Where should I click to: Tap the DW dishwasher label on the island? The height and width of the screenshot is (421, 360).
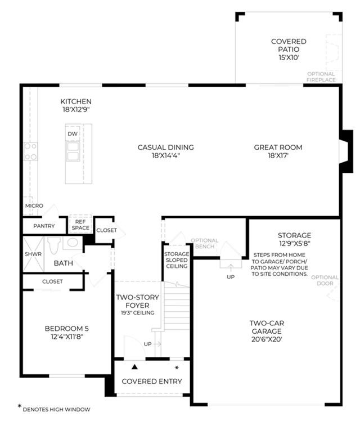coord(73,134)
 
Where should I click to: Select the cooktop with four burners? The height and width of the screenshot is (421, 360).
coord(30,151)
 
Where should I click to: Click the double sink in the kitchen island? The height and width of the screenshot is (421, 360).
coord(73,151)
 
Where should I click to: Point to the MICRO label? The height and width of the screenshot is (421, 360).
coord(34,205)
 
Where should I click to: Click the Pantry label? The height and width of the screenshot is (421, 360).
coord(44,226)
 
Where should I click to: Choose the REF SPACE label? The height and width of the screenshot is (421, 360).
coord(80,225)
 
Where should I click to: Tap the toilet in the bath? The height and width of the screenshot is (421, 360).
coord(53,245)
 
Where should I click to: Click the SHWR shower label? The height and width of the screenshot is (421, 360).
coord(33,254)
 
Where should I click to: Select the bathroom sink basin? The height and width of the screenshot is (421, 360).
coord(73,243)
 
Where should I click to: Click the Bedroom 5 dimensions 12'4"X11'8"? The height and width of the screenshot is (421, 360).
coord(67,337)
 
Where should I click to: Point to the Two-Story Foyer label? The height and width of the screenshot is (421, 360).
coord(137,301)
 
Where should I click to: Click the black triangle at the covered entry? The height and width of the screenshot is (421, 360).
coord(134,367)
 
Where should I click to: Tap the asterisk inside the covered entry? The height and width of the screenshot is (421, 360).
coord(177,368)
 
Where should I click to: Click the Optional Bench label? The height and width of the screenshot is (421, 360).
coord(205,243)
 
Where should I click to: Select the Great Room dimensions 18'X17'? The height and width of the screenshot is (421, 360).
coord(278,155)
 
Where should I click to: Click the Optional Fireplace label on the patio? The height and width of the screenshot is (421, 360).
coord(321,77)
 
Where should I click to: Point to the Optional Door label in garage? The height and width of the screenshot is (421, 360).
coord(325,280)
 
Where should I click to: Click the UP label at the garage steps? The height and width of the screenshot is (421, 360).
coord(231,277)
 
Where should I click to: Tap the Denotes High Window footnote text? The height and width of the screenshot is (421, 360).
coord(56,409)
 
